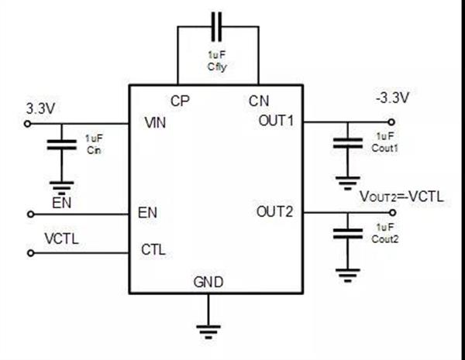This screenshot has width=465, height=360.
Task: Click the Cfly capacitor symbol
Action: click(216, 26)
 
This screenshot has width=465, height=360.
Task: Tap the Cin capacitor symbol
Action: click(62, 145)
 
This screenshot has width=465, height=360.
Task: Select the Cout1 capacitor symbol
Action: click(348, 142)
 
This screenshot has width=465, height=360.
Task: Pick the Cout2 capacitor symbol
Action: click(348, 233)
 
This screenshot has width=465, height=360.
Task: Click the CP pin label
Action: click(180, 101)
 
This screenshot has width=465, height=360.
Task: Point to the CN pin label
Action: click(259, 101)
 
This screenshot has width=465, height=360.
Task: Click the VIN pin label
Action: click(155, 122)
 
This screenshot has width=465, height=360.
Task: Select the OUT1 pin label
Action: click(276, 121)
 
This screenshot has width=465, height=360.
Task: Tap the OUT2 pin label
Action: click(274, 211)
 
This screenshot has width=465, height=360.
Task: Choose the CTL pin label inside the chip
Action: click(153, 249)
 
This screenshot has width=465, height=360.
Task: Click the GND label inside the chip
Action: click(208, 282)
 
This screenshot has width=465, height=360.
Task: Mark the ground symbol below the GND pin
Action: click(208, 332)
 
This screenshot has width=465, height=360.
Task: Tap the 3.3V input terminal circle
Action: click(28, 124)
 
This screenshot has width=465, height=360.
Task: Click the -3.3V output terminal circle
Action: click(391, 122)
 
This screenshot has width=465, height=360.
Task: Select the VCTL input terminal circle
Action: click(30, 253)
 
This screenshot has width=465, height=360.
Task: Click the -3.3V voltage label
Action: click(392, 98)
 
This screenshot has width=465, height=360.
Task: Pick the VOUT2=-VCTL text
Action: click(401, 197)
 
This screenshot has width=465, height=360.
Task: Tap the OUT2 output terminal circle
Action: click(393, 212)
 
